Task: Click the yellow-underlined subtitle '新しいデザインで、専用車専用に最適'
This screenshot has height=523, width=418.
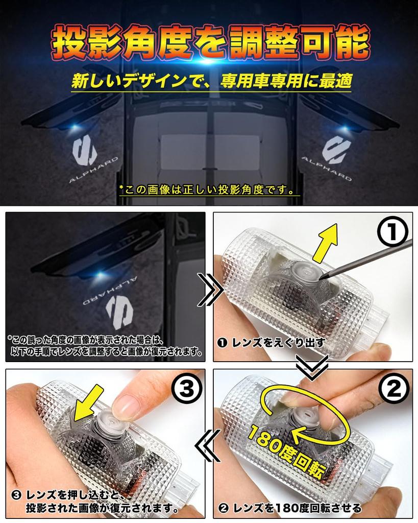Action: pos(211,82)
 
